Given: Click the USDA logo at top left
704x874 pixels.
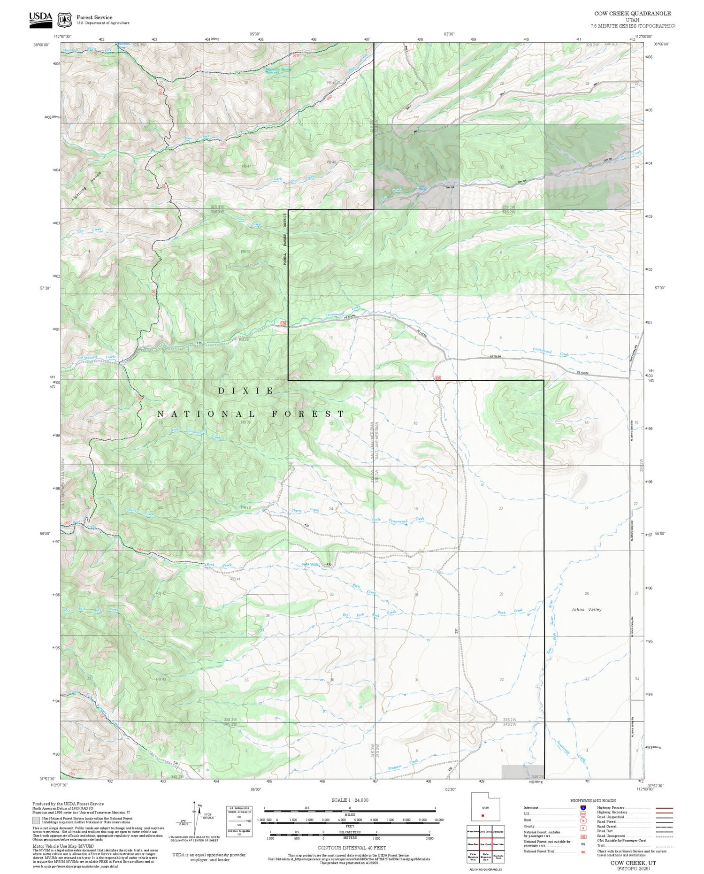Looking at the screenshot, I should coord(40,19).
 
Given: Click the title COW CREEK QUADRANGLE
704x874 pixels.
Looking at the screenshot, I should coord(632,14).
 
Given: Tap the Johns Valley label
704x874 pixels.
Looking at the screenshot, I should coord(586,609).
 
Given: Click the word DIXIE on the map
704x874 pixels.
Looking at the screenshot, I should coord(246,391).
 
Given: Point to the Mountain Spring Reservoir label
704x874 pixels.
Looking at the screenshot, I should coord(278,70).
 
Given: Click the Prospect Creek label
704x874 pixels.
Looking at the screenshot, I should coord(407,765).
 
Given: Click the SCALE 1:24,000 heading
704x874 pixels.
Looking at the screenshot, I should coord(350,800).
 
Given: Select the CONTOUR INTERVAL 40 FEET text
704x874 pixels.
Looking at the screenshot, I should coord(352,848).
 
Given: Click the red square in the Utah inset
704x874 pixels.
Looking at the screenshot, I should coord(482,815).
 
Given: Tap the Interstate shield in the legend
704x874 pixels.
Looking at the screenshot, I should coord(583,808).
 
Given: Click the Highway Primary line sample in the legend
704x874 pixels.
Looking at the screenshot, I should coord(663,808).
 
